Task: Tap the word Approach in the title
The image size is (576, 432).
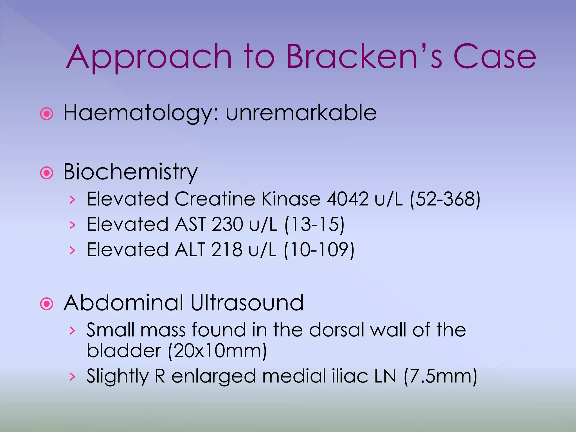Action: click(x=149, y=58)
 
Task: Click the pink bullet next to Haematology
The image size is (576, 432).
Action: click(x=47, y=114)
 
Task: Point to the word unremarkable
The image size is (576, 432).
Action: click(x=301, y=113)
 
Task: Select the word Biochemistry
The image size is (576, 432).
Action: click(x=130, y=172)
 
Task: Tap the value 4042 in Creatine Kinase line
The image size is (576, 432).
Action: click(x=347, y=199)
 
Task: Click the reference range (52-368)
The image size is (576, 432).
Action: click(x=445, y=199)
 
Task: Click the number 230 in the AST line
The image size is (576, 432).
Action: click(x=227, y=224)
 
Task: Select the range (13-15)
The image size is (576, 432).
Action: click(x=314, y=224)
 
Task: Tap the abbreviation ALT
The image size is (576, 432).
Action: click(x=190, y=249)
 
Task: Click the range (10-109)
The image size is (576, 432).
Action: click(x=319, y=249)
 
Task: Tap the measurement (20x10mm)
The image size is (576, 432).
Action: click(x=217, y=351)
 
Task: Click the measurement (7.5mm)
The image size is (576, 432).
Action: click(x=440, y=376)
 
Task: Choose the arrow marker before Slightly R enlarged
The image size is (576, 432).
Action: click(x=73, y=377)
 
